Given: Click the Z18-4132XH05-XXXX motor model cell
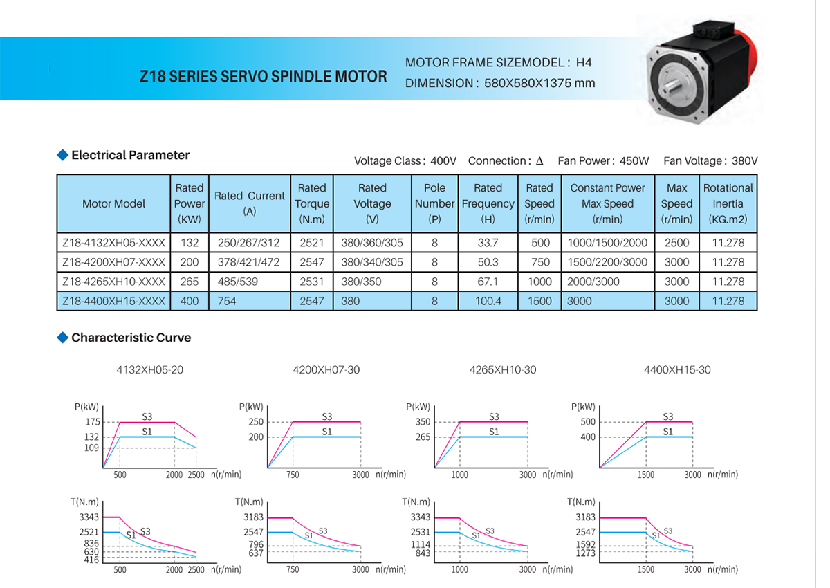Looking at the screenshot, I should [x=113, y=243].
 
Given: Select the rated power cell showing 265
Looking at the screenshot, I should [x=190, y=282].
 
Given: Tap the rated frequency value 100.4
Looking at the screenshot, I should [x=488, y=301].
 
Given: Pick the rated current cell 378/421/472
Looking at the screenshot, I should [x=250, y=262].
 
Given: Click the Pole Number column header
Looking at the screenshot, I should [x=434, y=203].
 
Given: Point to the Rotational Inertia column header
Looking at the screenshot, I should [x=728, y=203].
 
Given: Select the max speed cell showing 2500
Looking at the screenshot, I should [x=676, y=243].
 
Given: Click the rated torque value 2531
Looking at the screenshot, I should [x=312, y=282].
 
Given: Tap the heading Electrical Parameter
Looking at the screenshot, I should [x=130, y=155].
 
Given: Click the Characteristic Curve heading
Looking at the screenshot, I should [x=131, y=338].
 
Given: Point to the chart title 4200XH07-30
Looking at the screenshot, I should [x=326, y=369].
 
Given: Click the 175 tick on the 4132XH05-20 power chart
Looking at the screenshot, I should [x=93, y=422].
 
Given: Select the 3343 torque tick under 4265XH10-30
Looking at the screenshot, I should [x=421, y=517].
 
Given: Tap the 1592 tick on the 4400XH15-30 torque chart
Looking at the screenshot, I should [x=585, y=544].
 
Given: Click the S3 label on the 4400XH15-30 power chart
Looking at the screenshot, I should [x=667, y=416].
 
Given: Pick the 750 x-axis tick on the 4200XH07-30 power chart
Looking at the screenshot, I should [x=293, y=475].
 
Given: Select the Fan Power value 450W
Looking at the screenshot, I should [x=634, y=161].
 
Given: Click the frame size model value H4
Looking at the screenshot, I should [x=584, y=62].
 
